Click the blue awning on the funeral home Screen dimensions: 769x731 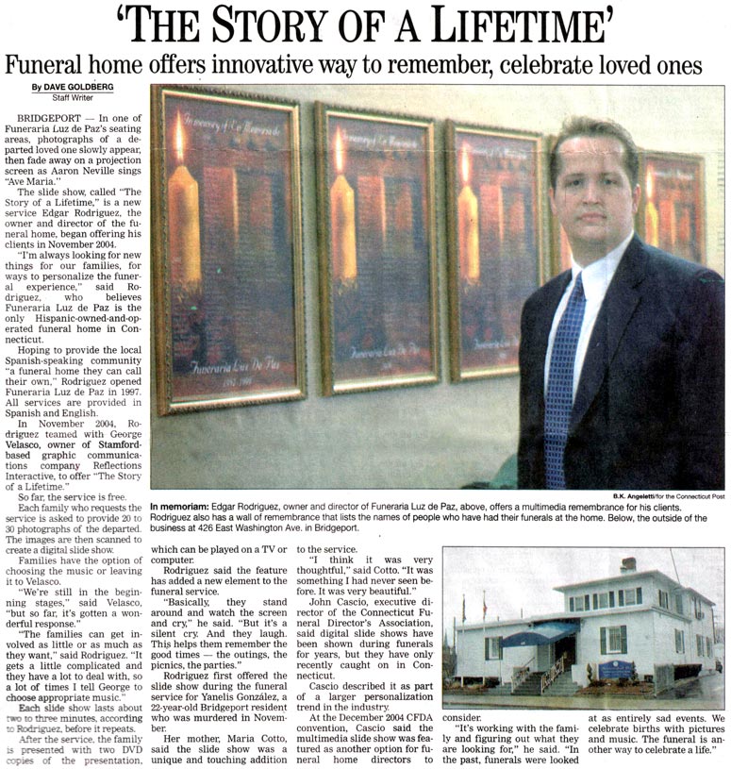coord(539,631)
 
